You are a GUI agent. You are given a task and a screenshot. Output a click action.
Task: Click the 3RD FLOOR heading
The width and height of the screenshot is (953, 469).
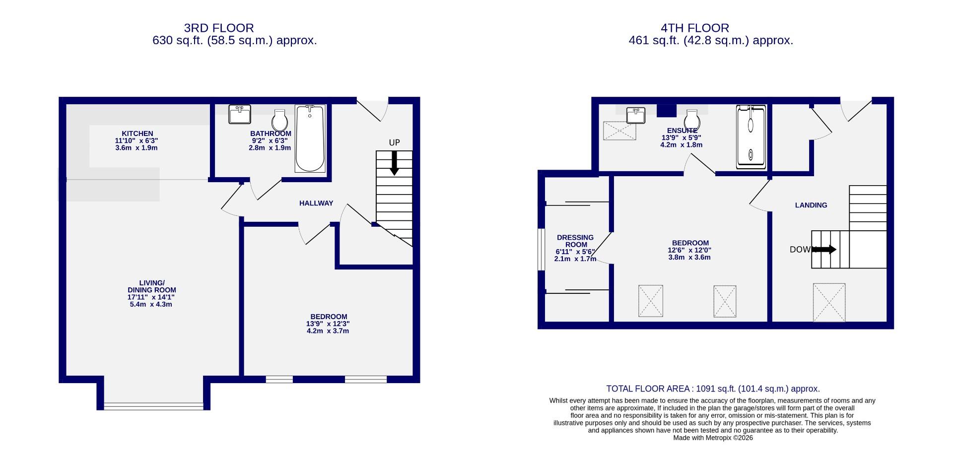(219, 28)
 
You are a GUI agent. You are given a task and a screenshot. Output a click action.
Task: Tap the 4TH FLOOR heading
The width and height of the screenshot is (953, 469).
(694, 28)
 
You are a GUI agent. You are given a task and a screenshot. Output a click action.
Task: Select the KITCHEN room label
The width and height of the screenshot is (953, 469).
(137, 134)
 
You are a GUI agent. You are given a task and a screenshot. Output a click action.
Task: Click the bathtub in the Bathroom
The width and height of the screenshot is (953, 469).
(310, 139)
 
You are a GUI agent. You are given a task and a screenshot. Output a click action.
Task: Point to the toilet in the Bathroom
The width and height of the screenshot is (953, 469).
(280, 121)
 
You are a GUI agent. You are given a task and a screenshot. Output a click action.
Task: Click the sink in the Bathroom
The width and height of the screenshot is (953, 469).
(240, 115)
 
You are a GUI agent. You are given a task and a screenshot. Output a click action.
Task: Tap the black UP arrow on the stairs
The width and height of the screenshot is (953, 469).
(394, 163)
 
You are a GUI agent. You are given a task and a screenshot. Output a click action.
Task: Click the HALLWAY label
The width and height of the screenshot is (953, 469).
(316, 203)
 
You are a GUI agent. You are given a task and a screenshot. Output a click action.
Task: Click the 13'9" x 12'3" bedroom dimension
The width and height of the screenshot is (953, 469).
(328, 324)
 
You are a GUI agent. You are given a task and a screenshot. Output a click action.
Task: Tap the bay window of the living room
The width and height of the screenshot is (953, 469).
(153, 405)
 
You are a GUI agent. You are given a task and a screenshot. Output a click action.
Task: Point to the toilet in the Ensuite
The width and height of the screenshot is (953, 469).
(692, 120)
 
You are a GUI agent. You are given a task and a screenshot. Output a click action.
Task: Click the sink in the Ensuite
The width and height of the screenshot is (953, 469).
(635, 116)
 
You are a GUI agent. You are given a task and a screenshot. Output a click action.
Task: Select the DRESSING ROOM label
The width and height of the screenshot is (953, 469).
(575, 241)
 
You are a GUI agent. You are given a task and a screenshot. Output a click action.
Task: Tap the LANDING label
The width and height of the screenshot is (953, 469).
(811, 205)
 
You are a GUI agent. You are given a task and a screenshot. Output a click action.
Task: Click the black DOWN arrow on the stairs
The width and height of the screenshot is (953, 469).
(825, 250)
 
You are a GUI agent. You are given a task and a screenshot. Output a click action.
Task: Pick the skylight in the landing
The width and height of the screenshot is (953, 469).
(829, 302)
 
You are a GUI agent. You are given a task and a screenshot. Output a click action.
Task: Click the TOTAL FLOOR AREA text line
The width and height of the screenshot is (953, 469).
(713, 389)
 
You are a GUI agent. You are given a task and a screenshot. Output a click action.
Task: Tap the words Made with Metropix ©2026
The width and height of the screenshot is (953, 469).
(713, 438)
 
